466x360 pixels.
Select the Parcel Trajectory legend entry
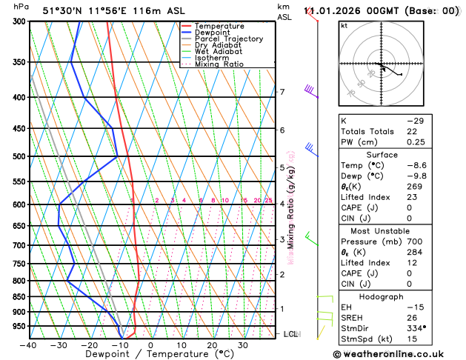click(228, 39)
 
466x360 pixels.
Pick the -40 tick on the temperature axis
click(28, 345)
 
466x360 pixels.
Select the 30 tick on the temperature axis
click(243, 345)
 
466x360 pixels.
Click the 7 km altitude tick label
click(282, 93)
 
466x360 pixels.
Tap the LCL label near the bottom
click(291, 335)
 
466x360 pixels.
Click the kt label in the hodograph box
click(344, 25)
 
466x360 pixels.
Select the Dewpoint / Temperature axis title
click(139, 355)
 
